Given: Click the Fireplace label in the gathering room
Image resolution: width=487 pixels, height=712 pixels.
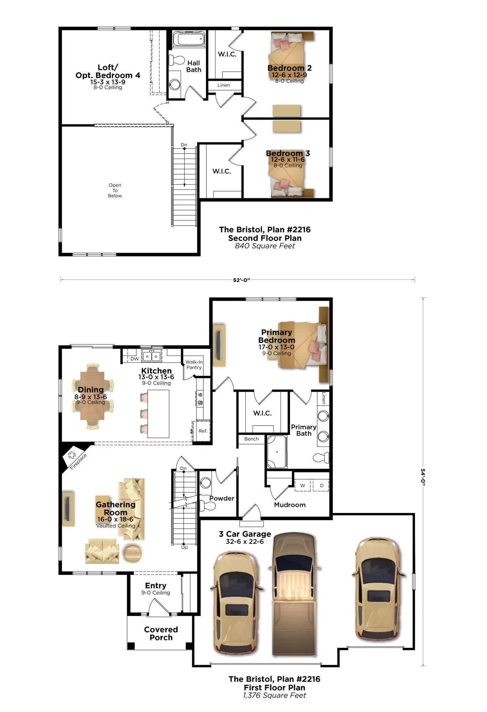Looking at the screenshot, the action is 78,461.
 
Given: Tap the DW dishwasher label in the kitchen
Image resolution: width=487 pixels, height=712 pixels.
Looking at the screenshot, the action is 134,359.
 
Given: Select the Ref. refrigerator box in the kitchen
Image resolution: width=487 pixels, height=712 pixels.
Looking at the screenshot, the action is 202,431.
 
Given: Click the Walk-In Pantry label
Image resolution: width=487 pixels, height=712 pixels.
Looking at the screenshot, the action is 194,365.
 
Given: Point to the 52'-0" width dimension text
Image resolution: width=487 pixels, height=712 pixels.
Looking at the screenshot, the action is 241,280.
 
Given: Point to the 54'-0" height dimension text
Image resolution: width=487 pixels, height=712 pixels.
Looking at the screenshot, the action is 423,477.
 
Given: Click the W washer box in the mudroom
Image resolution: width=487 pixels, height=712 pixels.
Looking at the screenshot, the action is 303,485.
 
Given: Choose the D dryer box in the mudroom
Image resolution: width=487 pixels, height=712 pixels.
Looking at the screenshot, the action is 322,485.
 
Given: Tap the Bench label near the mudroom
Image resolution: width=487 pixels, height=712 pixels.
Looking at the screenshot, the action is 251,439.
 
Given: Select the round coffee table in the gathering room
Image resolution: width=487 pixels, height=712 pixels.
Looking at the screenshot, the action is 132,553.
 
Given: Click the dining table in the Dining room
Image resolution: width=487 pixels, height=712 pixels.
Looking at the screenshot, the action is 92,396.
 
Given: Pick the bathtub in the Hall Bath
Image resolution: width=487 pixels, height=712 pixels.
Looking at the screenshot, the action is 189,40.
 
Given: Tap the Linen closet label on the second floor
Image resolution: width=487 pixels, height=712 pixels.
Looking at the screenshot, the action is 224,85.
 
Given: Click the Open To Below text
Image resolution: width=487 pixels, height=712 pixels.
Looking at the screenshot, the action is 115,190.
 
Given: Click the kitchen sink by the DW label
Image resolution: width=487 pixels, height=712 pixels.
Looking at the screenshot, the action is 152,356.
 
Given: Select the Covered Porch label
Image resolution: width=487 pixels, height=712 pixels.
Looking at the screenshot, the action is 161,633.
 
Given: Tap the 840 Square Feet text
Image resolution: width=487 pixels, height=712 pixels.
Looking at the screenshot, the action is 265,246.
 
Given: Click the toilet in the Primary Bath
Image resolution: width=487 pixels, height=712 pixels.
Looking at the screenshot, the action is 321,457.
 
